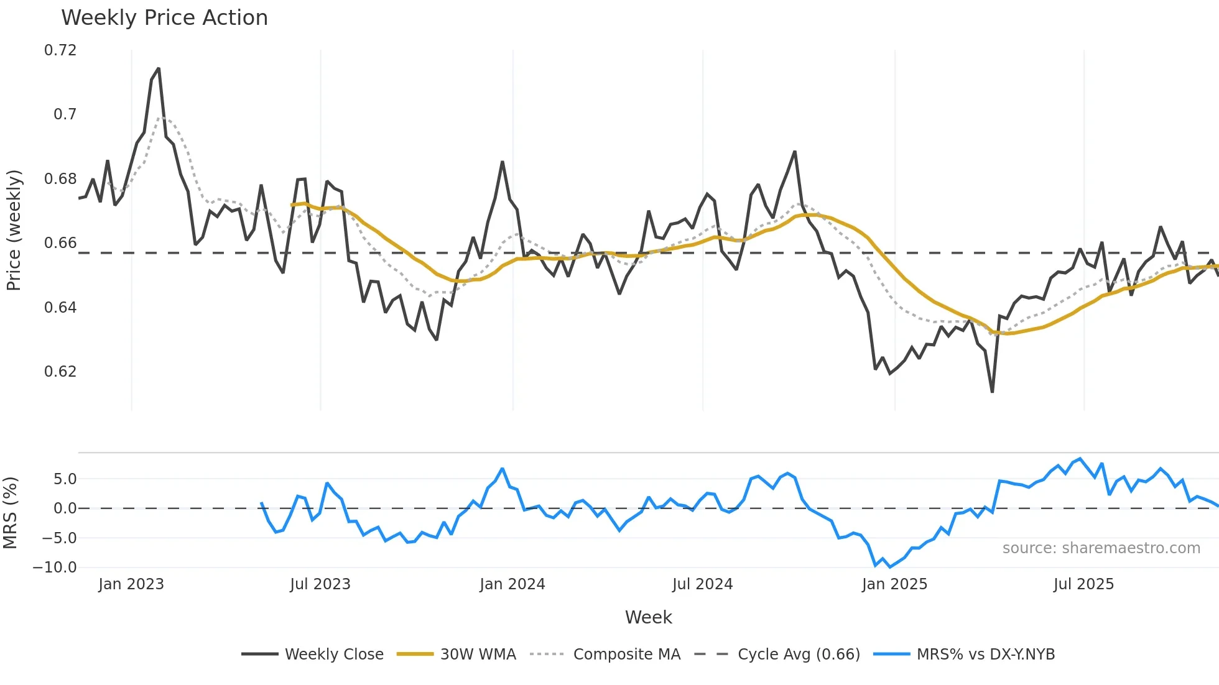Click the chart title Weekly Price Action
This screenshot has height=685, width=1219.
coord(164,18)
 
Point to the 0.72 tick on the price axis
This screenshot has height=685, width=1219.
coord(60,50)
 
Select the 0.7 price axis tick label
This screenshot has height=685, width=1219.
coord(65,114)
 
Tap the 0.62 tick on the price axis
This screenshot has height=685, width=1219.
coord(60,372)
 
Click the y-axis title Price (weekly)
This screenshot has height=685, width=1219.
coord(14,230)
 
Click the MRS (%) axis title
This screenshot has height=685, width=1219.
coord(10,513)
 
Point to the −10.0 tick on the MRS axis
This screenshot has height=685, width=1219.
coord(55,568)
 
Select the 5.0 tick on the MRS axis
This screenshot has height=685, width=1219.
coord(65,479)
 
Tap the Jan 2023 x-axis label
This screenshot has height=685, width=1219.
coord(131,584)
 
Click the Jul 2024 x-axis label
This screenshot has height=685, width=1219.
coord(702,584)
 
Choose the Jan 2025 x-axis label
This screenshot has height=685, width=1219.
coord(894,584)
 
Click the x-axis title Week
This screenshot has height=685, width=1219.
coord(648,617)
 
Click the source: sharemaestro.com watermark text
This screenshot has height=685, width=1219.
coord(1101,548)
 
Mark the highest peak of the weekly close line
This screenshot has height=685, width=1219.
coord(159,68)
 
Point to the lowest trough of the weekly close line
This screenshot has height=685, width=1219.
coord(992,392)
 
